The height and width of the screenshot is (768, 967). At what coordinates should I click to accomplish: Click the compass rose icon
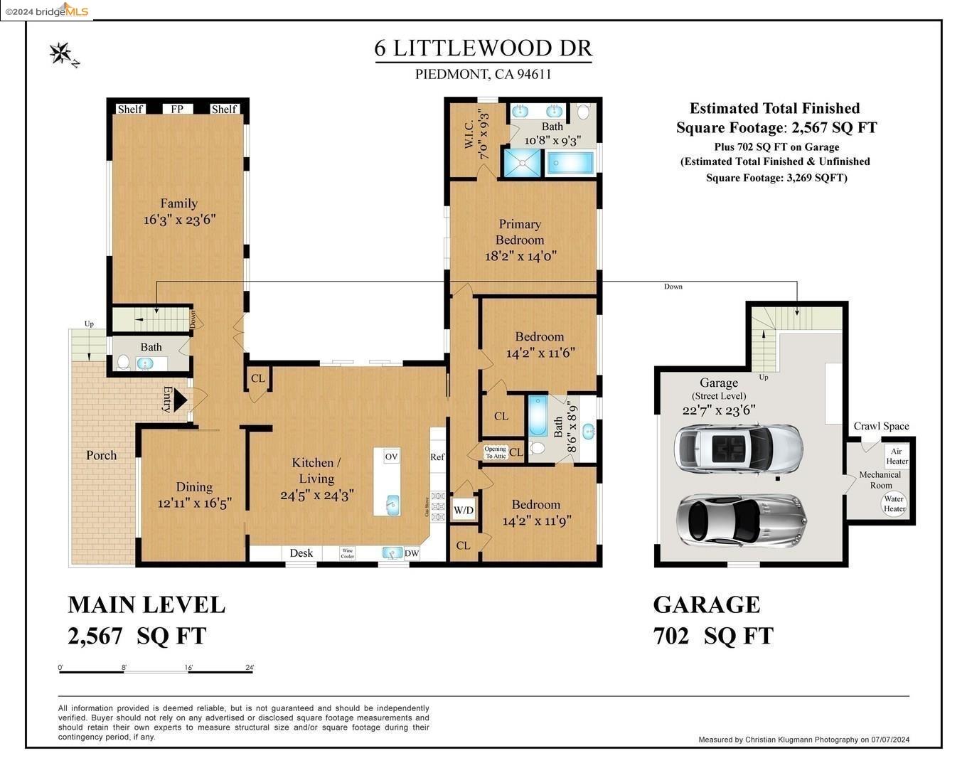(x=60, y=53)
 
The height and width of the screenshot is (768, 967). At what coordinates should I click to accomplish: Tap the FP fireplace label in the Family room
(x=177, y=109)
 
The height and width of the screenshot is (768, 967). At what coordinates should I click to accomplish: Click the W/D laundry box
(x=464, y=510)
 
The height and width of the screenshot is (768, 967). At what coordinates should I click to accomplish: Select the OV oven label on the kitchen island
(x=391, y=457)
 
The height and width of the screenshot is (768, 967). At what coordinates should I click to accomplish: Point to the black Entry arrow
(x=180, y=399)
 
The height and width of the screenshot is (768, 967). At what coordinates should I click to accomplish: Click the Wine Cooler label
(x=347, y=553)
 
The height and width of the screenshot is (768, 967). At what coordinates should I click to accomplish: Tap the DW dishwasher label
(x=412, y=553)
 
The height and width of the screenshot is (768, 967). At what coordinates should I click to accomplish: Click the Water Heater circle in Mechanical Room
(x=894, y=503)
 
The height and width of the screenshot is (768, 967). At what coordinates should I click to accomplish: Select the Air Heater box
(x=897, y=457)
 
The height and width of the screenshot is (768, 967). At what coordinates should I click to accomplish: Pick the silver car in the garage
(x=741, y=521)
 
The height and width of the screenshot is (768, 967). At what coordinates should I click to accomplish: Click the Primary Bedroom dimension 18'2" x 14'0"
(x=520, y=256)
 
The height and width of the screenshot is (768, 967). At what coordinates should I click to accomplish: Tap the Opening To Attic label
(x=495, y=452)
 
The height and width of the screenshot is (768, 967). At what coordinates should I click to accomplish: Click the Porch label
(x=101, y=455)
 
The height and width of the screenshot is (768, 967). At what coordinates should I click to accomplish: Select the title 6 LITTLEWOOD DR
(x=483, y=48)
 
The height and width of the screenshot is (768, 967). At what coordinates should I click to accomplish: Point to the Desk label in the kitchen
(x=301, y=553)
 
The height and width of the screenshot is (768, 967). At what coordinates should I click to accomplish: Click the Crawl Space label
(x=881, y=426)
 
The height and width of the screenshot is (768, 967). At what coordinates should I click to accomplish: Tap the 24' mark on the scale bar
(x=249, y=668)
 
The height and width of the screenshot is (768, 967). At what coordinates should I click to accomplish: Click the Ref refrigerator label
(x=437, y=457)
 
